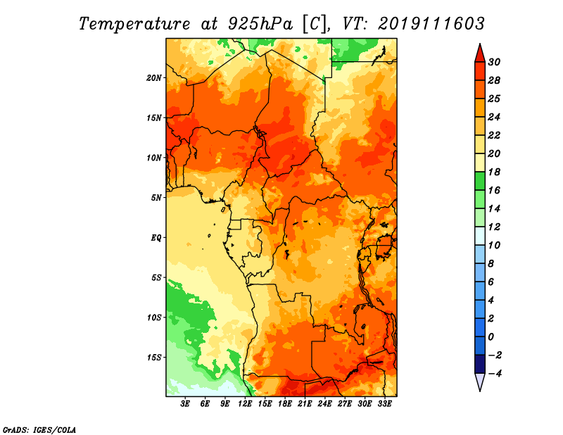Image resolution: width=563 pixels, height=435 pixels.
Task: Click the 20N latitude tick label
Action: (x=153, y=78)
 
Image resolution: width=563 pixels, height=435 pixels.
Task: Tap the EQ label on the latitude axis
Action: (x=156, y=238)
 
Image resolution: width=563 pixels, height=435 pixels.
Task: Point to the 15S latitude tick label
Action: (x=153, y=358)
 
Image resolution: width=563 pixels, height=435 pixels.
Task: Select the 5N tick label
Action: (x=156, y=198)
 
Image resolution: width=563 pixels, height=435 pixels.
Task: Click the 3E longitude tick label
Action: (x=185, y=404)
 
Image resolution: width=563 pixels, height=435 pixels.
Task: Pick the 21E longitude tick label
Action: (x=305, y=404)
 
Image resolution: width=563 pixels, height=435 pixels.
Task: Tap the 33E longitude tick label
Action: (x=384, y=404)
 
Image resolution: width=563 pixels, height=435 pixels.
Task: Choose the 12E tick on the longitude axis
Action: (x=244, y=404)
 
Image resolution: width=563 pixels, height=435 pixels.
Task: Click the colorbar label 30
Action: (x=494, y=62)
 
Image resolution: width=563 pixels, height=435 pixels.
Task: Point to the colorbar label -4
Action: (x=495, y=374)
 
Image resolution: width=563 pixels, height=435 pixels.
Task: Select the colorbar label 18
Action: (x=494, y=172)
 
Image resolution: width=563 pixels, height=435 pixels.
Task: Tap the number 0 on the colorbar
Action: (x=491, y=337)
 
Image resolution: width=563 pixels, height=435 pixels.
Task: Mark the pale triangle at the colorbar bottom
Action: (x=480, y=381)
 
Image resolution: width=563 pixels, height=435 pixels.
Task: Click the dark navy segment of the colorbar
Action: (x=480, y=364)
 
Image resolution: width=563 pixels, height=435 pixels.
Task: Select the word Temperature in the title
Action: (x=134, y=24)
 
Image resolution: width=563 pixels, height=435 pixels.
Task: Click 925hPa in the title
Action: (x=260, y=24)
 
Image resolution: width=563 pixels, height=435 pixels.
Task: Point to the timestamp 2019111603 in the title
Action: (x=431, y=24)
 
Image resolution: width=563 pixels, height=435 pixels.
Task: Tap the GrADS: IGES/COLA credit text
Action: (x=39, y=430)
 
